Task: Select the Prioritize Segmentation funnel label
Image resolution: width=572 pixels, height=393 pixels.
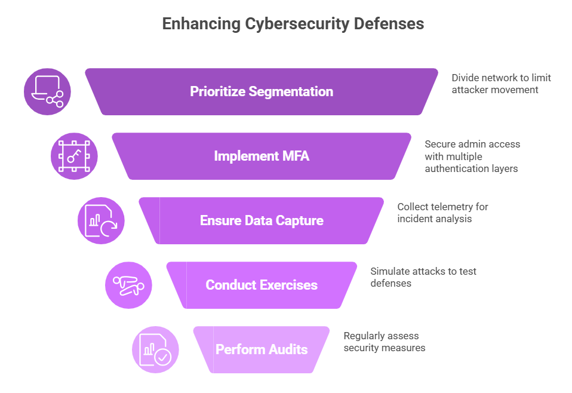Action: coord(262,91)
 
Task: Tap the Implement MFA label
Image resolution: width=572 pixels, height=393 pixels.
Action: coord(262,156)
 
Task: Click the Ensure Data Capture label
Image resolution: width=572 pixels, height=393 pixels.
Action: coord(262,220)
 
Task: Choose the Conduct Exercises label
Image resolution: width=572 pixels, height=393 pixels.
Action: coord(262,285)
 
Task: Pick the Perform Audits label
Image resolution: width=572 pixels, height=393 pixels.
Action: coord(262,349)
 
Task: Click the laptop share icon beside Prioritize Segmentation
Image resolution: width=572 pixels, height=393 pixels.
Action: coord(47,91)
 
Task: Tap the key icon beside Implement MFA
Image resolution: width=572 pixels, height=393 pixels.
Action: coord(74,156)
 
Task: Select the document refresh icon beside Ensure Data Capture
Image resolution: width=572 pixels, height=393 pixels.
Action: coord(101,220)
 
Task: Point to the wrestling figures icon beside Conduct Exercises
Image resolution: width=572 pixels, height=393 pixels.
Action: coord(128,285)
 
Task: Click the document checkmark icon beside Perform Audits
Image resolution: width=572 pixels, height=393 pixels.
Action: coord(155,349)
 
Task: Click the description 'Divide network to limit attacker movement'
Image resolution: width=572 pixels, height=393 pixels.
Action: coord(501,84)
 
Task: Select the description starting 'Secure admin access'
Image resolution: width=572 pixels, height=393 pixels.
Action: coord(472,156)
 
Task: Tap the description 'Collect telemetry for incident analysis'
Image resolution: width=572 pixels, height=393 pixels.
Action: coord(442,213)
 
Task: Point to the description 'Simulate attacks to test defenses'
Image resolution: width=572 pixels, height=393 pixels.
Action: coord(423,278)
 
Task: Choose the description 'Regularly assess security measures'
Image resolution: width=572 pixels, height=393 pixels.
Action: coord(385,342)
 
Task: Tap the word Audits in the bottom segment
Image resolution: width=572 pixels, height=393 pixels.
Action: coord(287,349)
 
